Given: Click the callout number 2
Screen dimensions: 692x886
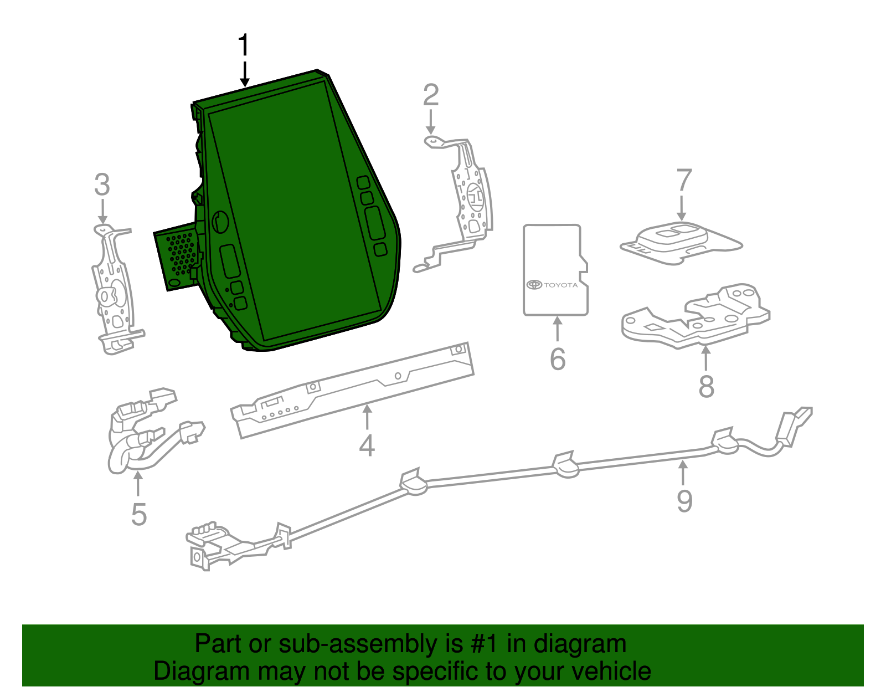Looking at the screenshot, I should (431, 95).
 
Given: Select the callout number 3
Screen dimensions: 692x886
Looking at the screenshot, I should (102, 184).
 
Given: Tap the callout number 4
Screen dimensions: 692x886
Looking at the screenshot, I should (367, 445).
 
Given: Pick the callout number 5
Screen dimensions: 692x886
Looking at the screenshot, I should (139, 514).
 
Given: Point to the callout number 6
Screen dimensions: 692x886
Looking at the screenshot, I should (558, 359).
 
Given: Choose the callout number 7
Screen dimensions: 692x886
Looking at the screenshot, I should (684, 180).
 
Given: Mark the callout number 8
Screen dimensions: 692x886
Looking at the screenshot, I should (706, 386).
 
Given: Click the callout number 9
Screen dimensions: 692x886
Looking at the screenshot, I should (684, 501).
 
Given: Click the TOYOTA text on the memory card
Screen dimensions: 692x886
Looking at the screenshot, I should (560, 285).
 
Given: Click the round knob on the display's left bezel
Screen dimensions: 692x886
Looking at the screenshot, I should (220, 221).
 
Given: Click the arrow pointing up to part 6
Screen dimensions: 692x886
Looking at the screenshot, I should (557, 328).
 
